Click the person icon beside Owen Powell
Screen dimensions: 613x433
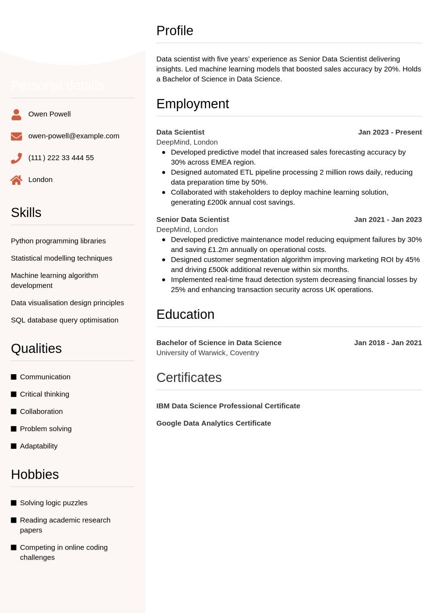point(16,115)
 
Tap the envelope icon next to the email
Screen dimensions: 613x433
point(16,136)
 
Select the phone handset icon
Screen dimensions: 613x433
point(16,158)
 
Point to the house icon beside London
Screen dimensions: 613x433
point(16,180)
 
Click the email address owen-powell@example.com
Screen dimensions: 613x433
point(74,136)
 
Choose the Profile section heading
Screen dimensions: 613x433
point(175,31)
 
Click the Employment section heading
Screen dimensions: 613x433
point(192,104)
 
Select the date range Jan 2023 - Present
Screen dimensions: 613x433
point(390,132)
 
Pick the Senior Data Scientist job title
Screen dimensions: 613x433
point(192,219)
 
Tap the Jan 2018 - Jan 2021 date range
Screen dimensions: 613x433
point(388,343)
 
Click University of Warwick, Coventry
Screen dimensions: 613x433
point(208,353)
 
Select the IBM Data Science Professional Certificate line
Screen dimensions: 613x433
point(228,406)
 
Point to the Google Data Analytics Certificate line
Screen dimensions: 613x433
point(213,423)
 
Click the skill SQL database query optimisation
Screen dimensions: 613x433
point(64,320)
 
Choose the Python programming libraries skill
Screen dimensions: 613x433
point(58,241)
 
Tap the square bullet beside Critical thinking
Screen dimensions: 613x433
point(14,394)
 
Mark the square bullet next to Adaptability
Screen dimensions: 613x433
point(14,446)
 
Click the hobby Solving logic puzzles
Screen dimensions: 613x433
point(53,503)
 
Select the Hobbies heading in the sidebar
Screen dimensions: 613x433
point(35,474)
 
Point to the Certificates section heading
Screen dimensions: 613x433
point(189,378)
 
